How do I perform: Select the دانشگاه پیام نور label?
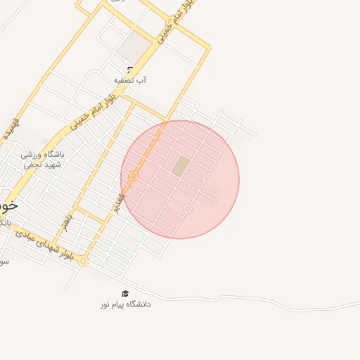point(124,304)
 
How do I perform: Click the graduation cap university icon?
point(125,293)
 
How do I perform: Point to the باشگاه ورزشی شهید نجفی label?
point(42,159)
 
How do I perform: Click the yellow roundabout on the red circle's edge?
point(133,176)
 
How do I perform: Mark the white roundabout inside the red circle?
point(188,209)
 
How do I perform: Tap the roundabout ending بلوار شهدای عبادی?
point(83,261)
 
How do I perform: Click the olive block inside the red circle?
point(181,167)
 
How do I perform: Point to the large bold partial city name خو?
point(8,205)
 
